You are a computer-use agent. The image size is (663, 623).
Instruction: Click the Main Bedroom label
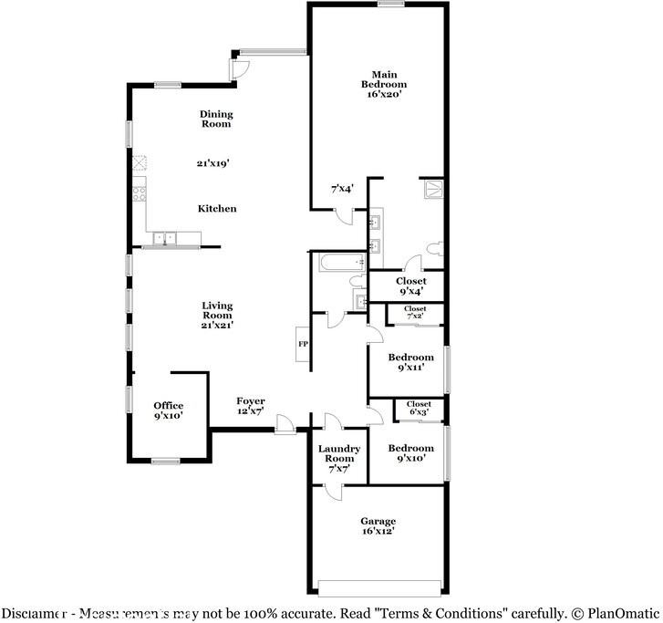(388, 84)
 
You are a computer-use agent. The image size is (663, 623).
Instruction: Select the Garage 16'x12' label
(378, 526)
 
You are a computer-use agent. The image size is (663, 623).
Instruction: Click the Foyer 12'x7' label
(251, 406)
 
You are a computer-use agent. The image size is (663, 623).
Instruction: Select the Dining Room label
(216, 119)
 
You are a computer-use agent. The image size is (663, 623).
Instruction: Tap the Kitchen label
(217, 209)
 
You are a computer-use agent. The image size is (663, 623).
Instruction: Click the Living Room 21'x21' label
(217, 315)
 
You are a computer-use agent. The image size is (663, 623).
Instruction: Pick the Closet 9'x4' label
(410, 286)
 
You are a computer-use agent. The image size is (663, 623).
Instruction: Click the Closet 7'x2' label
(416, 313)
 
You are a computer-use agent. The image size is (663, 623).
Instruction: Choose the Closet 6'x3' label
(419, 408)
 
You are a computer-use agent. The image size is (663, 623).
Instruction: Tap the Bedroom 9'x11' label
(410, 362)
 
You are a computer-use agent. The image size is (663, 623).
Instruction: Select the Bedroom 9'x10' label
(410, 453)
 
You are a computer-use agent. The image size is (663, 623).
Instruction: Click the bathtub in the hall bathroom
(334, 263)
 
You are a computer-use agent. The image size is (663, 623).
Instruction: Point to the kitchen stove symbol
(139, 193)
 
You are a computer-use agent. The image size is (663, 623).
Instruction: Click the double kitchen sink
(164, 239)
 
